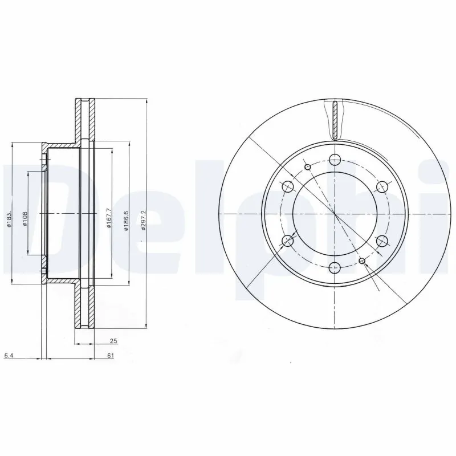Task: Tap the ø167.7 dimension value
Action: (x=108, y=217)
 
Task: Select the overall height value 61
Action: (x=110, y=356)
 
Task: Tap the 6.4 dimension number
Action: (x=9, y=356)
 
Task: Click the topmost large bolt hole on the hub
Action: (x=335, y=160)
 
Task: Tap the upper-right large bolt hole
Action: (x=382, y=186)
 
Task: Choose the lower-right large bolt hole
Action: (x=382, y=240)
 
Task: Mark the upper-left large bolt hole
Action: (x=288, y=186)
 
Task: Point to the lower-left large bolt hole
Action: (x=288, y=241)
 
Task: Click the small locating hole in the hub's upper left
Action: (x=308, y=166)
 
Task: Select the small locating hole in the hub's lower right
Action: (x=362, y=260)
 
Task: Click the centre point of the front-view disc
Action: (x=335, y=213)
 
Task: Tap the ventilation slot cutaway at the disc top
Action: (x=335, y=120)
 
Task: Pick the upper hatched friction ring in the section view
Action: (x=84, y=120)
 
